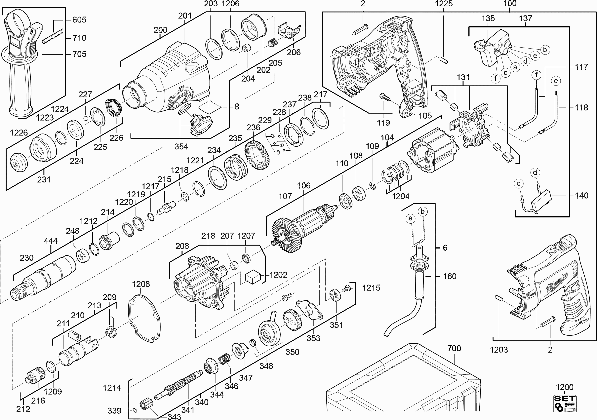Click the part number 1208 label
[141, 284]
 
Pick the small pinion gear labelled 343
[145, 406]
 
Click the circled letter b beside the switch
[545, 50]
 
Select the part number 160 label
[450, 276]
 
